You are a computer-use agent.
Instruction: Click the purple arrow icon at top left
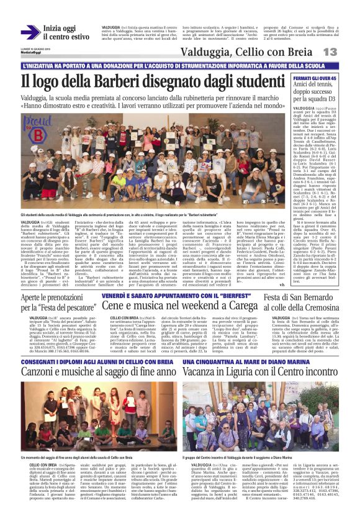pos(30,32)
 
